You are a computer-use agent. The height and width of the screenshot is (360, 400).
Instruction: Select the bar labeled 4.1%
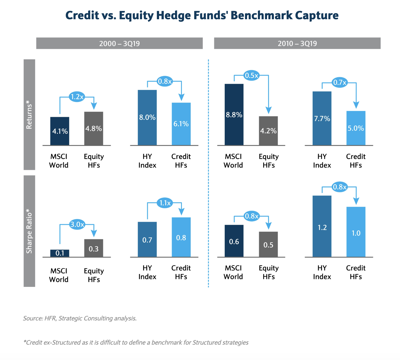(60, 131)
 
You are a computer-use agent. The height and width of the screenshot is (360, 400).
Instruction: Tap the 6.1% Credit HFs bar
(181, 124)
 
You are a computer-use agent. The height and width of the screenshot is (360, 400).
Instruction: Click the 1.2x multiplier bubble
(77, 97)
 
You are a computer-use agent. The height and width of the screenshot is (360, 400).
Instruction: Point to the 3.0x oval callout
(77, 225)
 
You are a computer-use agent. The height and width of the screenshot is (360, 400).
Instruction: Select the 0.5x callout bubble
(251, 75)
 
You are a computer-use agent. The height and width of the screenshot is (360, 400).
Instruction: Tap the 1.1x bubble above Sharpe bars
(165, 203)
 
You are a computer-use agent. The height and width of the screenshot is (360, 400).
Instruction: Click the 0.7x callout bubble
(340, 82)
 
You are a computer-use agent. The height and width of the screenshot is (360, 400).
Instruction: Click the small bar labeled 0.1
(60, 253)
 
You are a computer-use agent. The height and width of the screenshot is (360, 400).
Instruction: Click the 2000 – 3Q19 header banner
(119, 43)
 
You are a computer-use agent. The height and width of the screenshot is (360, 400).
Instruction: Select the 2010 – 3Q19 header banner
(297, 43)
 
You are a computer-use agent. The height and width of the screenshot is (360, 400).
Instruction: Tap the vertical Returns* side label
(29, 115)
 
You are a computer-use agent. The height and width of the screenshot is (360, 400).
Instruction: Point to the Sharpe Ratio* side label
(29, 231)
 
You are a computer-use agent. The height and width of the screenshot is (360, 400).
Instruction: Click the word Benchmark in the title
(261, 15)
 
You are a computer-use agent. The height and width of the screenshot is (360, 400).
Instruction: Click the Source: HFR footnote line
(80, 318)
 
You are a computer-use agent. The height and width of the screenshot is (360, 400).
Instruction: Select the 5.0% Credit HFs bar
(356, 128)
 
